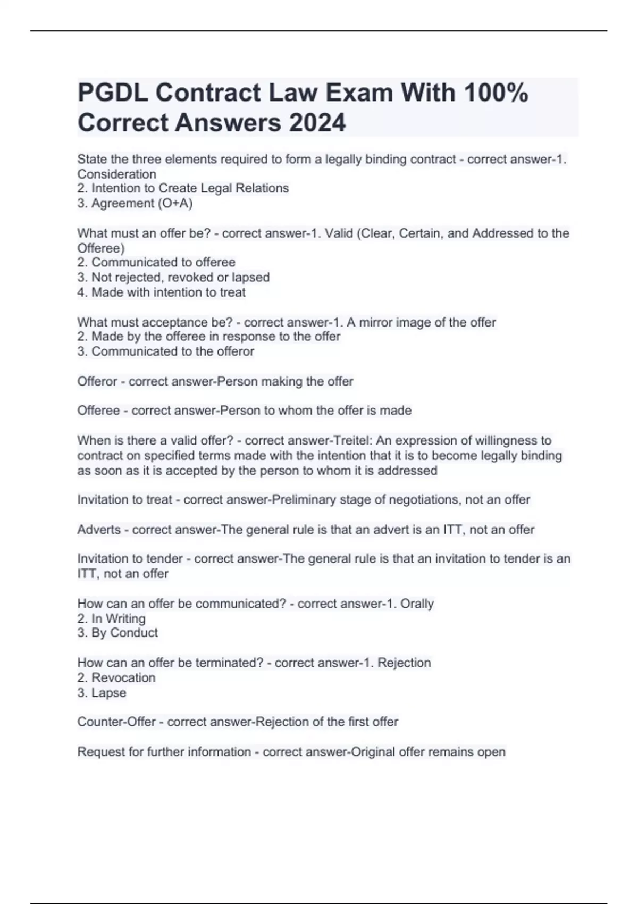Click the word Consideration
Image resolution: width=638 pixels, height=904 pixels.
116,174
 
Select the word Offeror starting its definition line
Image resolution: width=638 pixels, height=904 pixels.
97,381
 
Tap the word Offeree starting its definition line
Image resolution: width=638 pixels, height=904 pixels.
98,411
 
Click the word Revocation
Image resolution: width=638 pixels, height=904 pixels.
123,677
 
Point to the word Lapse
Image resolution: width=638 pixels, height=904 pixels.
109,692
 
